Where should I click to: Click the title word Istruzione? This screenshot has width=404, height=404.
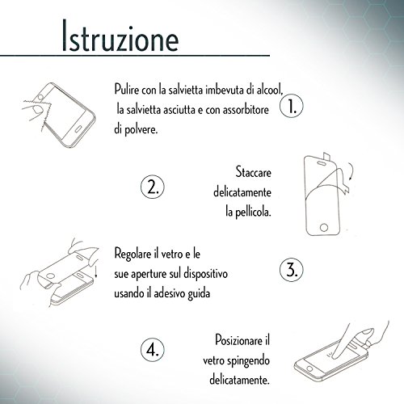point(120,36)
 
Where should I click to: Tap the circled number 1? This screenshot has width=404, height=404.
point(292,106)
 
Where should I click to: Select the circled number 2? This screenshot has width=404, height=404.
point(153,187)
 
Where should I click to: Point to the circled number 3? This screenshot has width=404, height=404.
point(292,270)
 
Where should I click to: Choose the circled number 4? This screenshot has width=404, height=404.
point(153,350)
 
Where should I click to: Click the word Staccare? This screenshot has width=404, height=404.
point(253,172)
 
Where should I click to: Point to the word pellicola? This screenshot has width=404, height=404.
point(253,213)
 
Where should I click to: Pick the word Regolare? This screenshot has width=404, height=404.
point(133,254)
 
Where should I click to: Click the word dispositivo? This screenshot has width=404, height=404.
point(205,274)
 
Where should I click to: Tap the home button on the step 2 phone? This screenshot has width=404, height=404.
point(324,227)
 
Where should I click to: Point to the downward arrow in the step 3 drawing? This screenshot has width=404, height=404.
point(96,268)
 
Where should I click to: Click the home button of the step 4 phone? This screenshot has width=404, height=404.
point(309,368)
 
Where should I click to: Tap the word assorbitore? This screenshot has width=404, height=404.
point(246,110)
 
